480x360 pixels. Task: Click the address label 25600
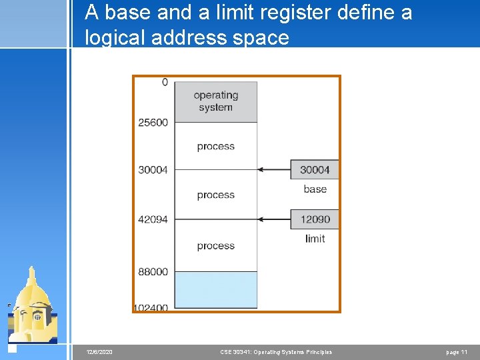click(x=153, y=122)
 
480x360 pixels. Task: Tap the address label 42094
click(x=153, y=219)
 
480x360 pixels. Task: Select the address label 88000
click(x=153, y=271)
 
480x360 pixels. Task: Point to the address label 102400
click(x=151, y=308)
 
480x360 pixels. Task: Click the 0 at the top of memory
click(x=165, y=82)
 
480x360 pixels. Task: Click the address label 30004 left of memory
click(x=153, y=169)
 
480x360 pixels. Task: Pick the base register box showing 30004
click(x=315, y=169)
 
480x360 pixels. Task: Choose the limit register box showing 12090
click(x=315, y=219)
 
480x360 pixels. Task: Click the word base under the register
click(x=315, y=189)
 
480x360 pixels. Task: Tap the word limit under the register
click(x=315, y=239)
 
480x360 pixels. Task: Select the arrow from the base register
click(x=273, y=169)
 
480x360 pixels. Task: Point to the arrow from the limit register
click(x=273, y=219)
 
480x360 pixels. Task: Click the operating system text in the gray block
click(x=215, y=101)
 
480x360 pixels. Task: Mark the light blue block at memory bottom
click(x=215, y=289)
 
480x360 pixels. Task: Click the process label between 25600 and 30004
click(x=215, y=146)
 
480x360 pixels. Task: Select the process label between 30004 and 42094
click(x=215, y=195)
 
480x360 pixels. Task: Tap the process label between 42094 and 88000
click(x=215, y=245)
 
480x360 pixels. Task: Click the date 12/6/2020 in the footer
click(x=100, y=352)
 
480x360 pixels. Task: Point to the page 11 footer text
click(x=457, y=352)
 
